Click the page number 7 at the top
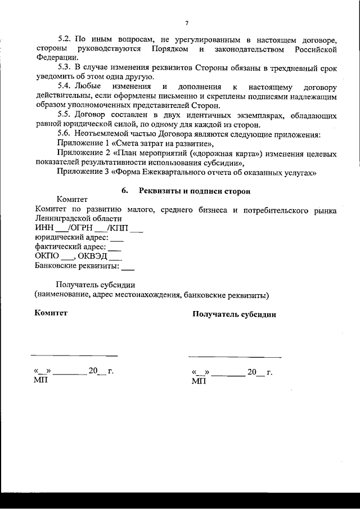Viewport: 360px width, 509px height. click(x=186, y=23)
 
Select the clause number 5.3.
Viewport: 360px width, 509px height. click(x=64, y=68)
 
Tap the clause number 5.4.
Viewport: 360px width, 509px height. click(x=65, y=88)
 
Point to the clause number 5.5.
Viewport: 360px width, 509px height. click(x=64, y=115)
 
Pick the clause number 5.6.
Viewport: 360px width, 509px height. click(x=64, y=134)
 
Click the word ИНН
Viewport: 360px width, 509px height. click(x=43, y=228)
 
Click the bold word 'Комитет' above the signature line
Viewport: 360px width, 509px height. click(x=51, y=313)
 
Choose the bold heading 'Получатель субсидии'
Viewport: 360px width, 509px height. click(x=234, y=314)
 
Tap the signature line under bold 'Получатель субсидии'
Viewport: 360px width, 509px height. click(x=235, y=357)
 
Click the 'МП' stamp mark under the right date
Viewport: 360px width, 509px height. click(x=199, y=381)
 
